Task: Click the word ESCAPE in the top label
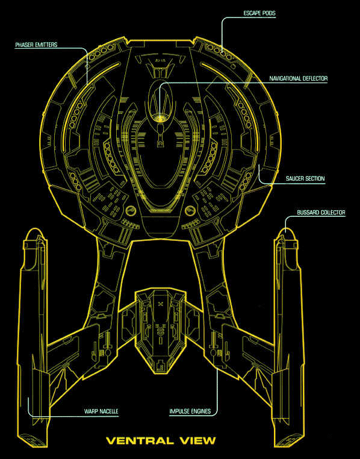point(252,13)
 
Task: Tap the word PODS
point(269,13)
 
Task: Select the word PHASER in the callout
point(23,45)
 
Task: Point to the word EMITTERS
point(45,45)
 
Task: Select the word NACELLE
point(109,411)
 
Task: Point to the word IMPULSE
point(179,411)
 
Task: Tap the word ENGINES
point(200,411)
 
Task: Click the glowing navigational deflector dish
point(160,118)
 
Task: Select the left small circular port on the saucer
point(131,210)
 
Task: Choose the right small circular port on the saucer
point(190,210)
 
